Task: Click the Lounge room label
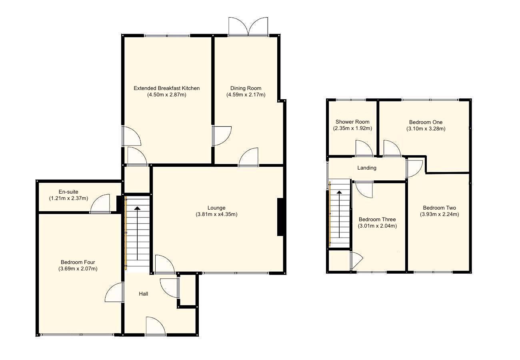(216, 208)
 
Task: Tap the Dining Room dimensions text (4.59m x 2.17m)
(246, 95)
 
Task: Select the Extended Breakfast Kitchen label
(166, 88)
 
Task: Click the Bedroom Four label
(78, 262)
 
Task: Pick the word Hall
(143, 294)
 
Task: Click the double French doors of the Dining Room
(248, 27)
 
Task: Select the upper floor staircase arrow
(339, 214)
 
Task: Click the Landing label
(367, 168)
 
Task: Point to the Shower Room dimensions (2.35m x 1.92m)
(352, 128)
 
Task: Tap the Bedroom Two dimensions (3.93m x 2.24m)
(439, 214)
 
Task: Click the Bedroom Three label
(377, 219)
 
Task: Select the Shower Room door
(364, 148)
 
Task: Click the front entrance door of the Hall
(156, 326)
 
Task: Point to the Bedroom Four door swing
(114, 292)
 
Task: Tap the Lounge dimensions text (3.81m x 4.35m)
(216, 214)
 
